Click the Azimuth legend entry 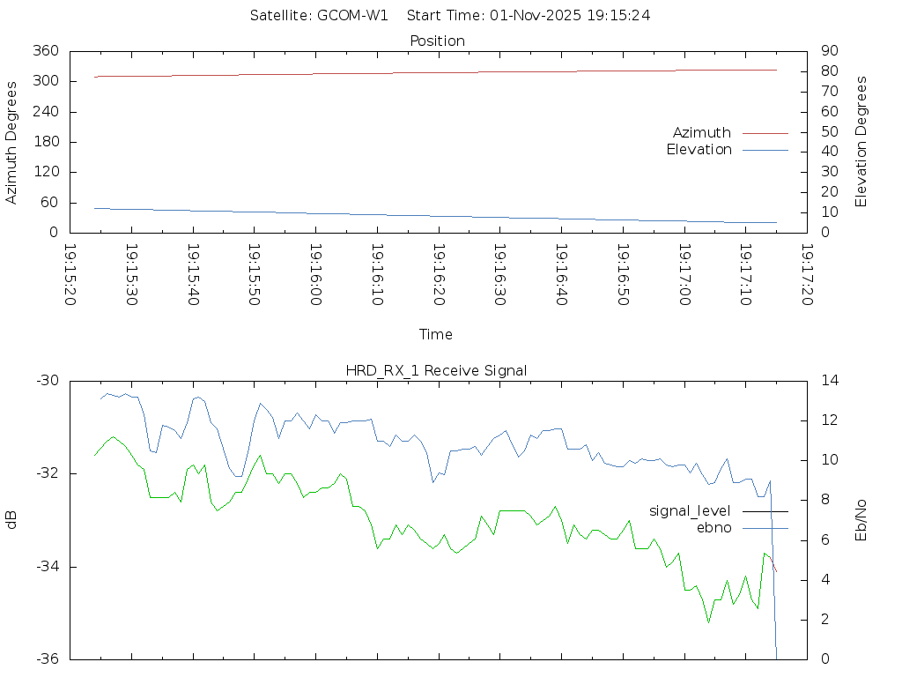pyautogui.click(x=702, y=132)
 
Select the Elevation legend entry pyautogui.click(x=699, y=150)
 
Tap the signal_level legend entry pyautogui.click(x=691, y=510)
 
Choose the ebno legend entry pyautogui.click(x=714, y=527)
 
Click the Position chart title pyautogui.click(x=437, y=41)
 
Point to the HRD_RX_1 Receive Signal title pyautogui.click(x=437, y=370)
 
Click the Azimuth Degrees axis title pyautogui.click(x=11, y=142)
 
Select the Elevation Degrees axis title pyautogui.click(x=861, y=142)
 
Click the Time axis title pyautogui.click(x=436, y=334)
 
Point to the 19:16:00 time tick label pyautogui.click(x=315, y=276)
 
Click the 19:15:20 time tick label pyautogui.click(x=70, y=276)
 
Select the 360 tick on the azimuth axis pyautogui.click(x=46, y=51)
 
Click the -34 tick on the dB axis pyautogui.click(x=46, y=567)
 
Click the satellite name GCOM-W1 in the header pyautogui.click(x=352, y=15)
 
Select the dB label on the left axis pyautogui.click(x=11, y=520)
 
